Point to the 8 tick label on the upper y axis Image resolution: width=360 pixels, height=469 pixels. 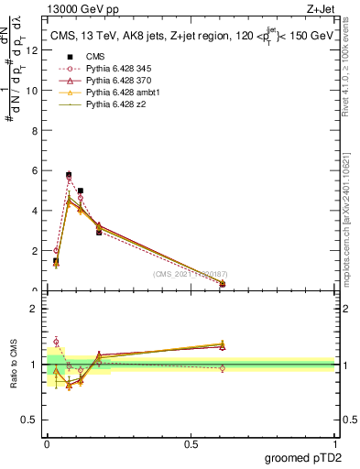(35, 131)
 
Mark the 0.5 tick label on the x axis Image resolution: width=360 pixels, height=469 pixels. (191, 442)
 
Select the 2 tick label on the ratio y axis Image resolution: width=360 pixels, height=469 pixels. (35, 308)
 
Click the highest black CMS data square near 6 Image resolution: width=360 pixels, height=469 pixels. (69, 174)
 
